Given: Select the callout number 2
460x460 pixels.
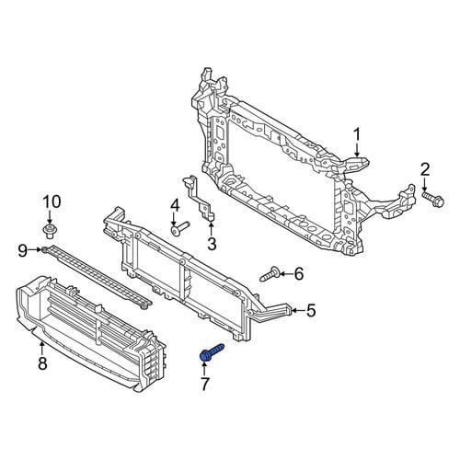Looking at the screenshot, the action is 425,170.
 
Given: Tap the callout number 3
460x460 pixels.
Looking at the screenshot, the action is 212,244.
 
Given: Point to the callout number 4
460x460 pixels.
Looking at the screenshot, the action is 175,207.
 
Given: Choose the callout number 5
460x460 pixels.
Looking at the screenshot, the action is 311,311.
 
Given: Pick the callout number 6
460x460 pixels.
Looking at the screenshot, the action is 299,273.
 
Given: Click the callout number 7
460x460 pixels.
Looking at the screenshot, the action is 205,384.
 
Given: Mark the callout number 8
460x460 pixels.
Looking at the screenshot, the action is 42,363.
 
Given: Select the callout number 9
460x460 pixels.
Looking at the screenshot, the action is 23,251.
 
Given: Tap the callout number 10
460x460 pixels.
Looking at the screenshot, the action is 52,202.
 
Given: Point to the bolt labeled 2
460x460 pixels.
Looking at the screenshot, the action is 433,199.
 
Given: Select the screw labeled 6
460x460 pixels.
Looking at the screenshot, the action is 270,274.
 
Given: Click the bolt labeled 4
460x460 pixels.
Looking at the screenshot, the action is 180,229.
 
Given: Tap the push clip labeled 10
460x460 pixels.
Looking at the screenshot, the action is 50,231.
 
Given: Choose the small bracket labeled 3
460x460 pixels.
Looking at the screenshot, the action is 198,198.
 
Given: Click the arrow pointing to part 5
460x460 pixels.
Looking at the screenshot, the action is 297,311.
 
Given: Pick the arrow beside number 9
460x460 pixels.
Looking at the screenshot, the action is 36,250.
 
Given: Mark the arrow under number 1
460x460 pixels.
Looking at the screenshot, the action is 357,152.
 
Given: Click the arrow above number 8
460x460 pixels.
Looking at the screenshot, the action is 42,349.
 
